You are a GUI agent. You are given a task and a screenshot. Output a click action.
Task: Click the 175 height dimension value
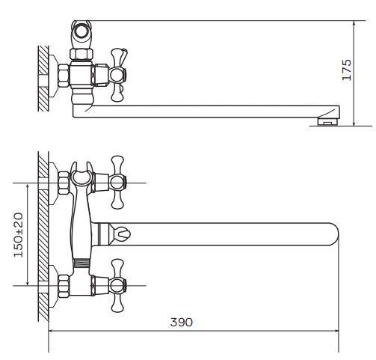(x=347, y=70)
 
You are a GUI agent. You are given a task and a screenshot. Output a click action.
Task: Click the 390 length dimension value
(x=182, y=322)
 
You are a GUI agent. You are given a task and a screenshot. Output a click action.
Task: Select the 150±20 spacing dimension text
(x=19, y=235)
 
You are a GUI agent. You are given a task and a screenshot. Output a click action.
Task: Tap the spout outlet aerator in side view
(x=327, y=121)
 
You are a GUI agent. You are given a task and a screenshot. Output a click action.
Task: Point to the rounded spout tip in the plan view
(x=334, y=234)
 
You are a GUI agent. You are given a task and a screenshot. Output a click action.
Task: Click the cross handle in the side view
(x=118, y=75)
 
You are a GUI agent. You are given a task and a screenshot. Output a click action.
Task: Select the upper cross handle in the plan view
(x=117, y=183)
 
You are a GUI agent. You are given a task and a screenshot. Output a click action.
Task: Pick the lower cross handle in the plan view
(x=117, y=285)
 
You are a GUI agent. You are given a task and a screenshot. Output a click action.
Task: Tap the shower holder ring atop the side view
(x=81, y=31)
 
